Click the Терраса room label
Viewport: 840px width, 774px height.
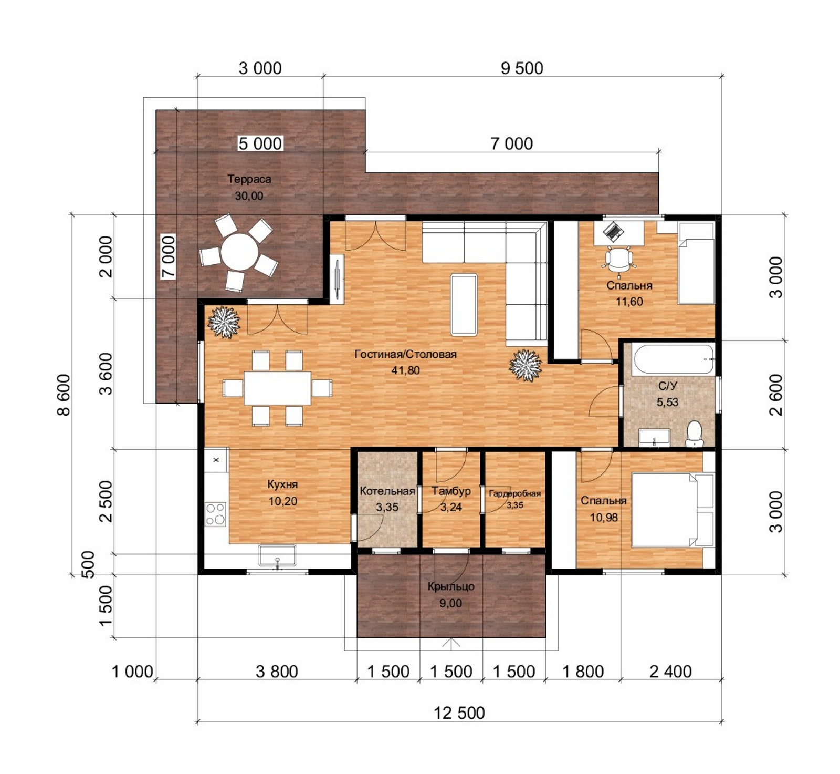249,179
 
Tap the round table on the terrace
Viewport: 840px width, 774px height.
239,252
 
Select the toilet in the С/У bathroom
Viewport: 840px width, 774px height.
695,434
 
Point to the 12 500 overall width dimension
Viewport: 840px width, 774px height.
459,713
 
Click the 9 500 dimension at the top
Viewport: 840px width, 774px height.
522,68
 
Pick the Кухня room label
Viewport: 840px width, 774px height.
282,484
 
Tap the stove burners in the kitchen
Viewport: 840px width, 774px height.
215,514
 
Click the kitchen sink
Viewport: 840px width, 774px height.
277,556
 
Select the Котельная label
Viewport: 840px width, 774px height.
387,491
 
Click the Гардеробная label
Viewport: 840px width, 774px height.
514,493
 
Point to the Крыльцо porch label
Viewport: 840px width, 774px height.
451,587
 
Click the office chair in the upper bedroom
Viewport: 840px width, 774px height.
619,259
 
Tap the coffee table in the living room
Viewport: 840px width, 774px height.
464,304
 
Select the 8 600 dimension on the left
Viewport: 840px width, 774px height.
63,395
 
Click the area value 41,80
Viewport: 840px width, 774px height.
406,370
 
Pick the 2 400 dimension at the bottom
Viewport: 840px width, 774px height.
670,672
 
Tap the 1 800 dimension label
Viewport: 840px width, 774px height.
583,672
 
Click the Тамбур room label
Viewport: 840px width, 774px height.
451,491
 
